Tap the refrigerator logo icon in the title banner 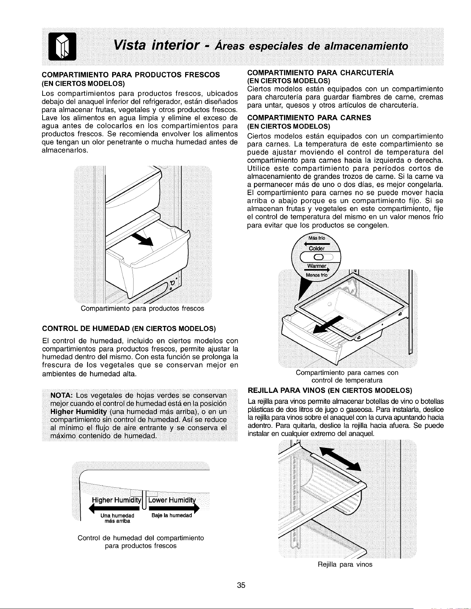click(x=63, y=47)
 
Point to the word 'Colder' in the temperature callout click(x=317, y=249)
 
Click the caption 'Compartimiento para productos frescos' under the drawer click(x=142, y=308)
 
